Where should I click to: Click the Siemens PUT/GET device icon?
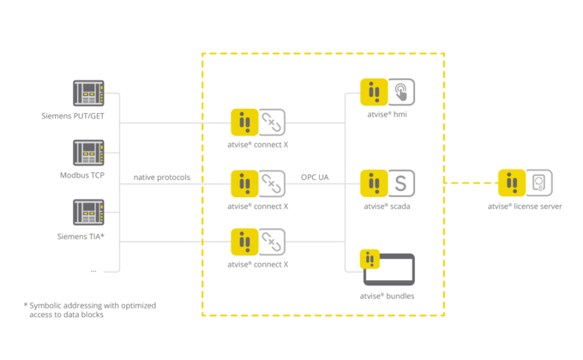click(88, 93)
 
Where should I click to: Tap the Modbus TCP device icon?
click(88, 153)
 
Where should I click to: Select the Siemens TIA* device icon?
click(88, 213)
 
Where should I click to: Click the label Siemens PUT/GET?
click(73, 116)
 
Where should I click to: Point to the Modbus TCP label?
click(82, 175)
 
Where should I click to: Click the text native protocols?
click(162, 177)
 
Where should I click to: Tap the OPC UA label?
click(315, 177)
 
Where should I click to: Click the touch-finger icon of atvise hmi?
click(401, 92)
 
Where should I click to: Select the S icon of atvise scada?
click(401, 183)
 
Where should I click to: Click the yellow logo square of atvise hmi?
click(374, 92)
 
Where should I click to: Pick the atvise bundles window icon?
click(389, 270)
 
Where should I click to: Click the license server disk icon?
click(539, 183)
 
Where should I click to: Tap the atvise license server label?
click(525, 207)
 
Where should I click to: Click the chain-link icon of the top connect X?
click(272, 123)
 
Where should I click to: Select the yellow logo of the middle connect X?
click(244, 183)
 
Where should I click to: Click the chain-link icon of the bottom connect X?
click(272, 242)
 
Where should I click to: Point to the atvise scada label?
click(387, 207)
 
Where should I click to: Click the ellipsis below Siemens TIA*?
click(93, 271)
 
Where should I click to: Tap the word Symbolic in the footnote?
click(45, 306)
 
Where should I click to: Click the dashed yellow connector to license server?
click(471, 183)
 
